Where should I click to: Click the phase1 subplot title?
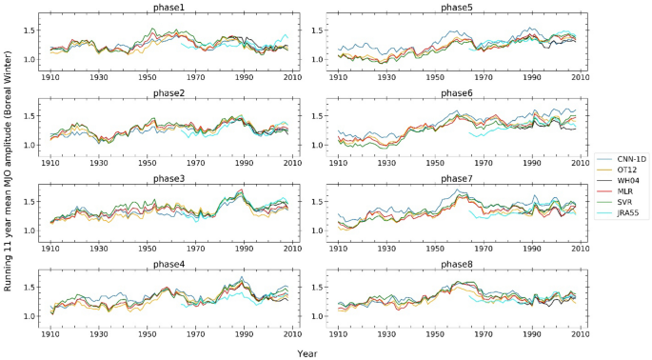[x=171, y=8]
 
